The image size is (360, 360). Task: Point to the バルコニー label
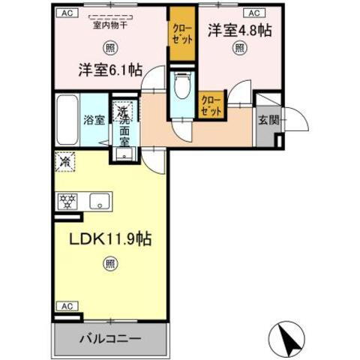109,338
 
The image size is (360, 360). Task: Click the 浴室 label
94,120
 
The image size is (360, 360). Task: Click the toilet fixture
181,86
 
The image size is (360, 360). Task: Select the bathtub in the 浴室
67,120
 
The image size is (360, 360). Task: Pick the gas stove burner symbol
67,201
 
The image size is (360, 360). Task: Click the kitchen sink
100,201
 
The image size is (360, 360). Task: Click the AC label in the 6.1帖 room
66,12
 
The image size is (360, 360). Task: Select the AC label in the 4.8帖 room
253,12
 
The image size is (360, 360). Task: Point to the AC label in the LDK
66,306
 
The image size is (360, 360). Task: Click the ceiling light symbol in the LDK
109,264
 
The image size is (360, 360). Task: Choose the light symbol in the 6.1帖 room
110,48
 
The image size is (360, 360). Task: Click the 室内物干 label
109,24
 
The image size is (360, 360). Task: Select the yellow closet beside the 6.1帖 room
180,36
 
